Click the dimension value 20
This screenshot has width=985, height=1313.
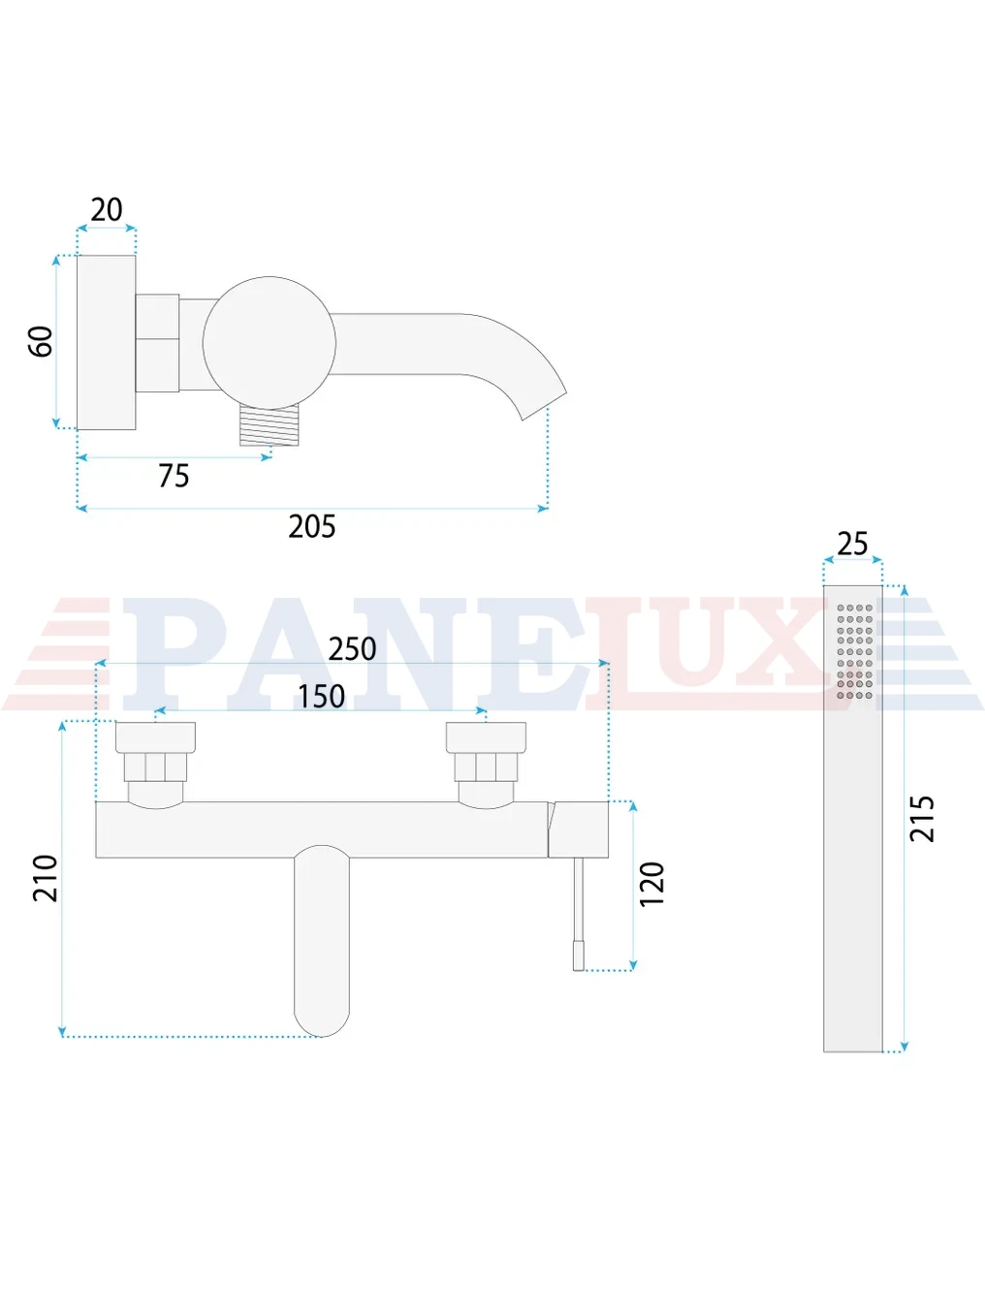pyautogui.click(x=107, y=209)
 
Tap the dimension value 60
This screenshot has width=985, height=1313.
pyautogui.click(x=41, y=341)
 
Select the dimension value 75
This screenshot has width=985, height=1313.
pyautogui.click(x=174, y=476)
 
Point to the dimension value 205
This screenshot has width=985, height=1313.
pyautogui.click(x=312, y=526)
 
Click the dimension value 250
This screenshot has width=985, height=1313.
pyautogui.click(x=352, y=649)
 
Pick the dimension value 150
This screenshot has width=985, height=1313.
pyautogui.click(x=321, y=697)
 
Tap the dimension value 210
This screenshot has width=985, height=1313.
pyautogui.click(x=45, y=879)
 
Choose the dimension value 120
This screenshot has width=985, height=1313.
pyautogui.click(x=651, y=884)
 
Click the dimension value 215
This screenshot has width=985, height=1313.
pyautogui.click(x=922, y=819)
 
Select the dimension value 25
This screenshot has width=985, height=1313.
pyautogui.click(x=852, y=544)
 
